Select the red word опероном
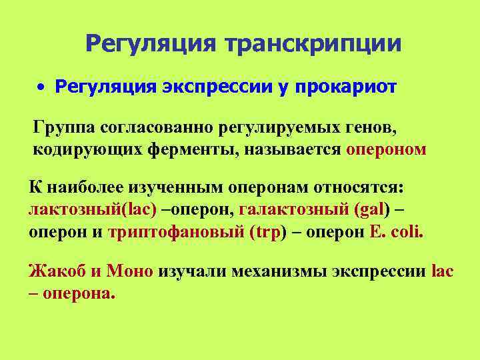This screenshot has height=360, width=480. click(x=386, y=149)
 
